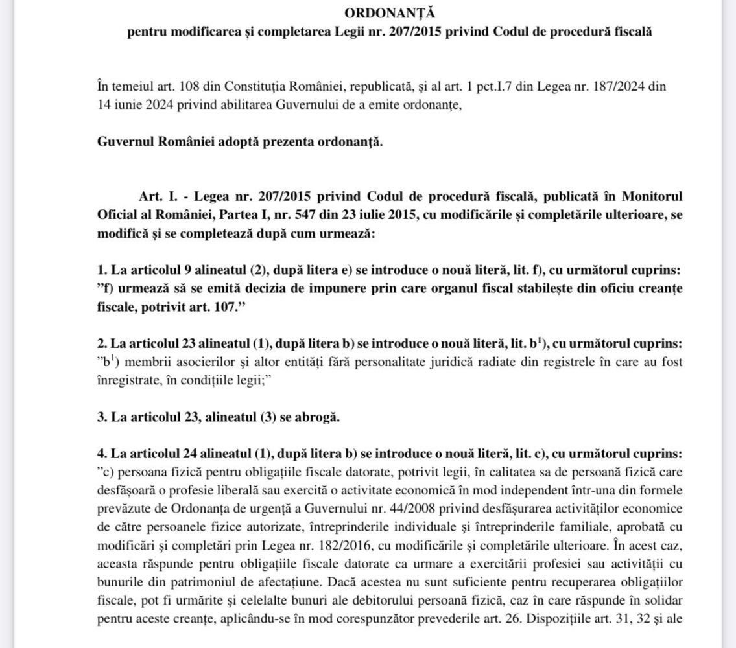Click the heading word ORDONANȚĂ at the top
[x=370, y=13]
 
